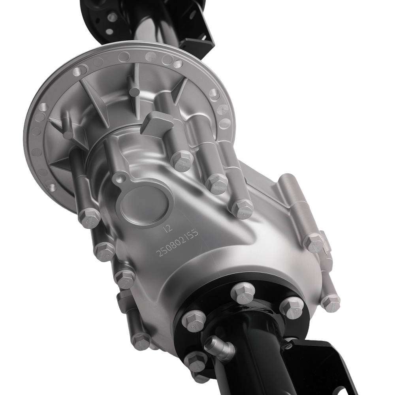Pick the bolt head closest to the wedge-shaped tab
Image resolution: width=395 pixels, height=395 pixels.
[x=182, y=159]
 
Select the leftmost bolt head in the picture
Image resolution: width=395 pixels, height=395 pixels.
[x=89, y=217]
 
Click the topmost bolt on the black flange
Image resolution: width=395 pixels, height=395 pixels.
[x=241, y=292]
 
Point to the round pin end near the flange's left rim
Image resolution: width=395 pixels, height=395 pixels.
[x=68, y=135]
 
